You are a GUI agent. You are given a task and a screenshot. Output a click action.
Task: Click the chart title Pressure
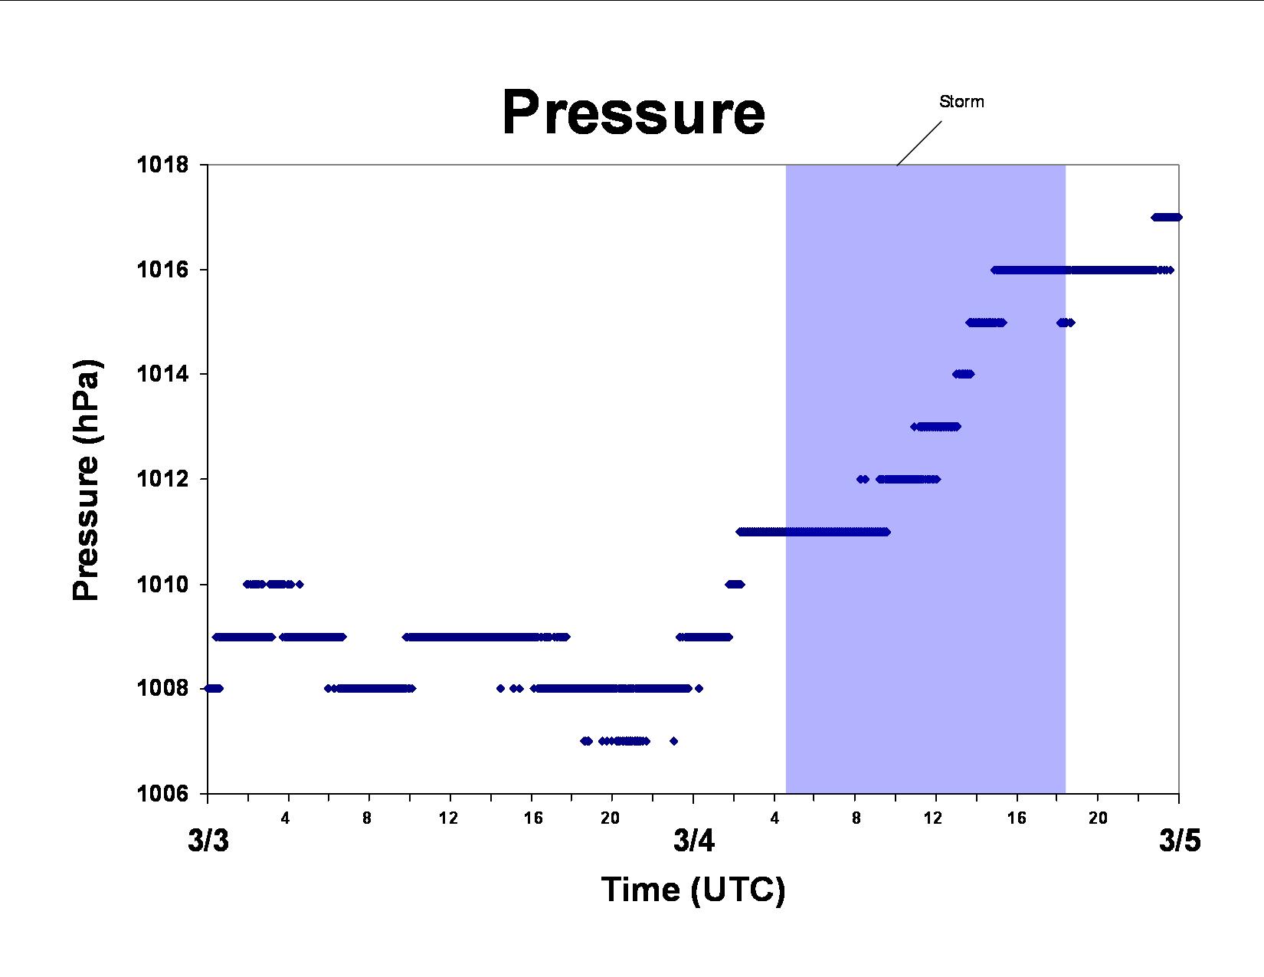click(x=634, y=113)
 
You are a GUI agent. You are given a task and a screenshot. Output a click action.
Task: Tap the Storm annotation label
click(x=961, y=102)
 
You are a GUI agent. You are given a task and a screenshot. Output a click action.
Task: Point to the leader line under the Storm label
click(x=919, y=143)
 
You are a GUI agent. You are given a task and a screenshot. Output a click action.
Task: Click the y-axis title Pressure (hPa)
click(x=87, y=480)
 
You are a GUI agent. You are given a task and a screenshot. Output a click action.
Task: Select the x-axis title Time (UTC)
click(x=693, y=890)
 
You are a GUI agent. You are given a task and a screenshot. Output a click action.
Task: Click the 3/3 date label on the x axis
click(x=208, y=841)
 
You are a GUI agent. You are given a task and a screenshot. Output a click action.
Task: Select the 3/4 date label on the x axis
click(x=693, y=841)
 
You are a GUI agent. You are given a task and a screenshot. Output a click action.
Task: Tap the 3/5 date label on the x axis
click(x=1180, y=841)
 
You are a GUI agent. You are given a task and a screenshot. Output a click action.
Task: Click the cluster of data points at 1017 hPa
click(x=1166, y=218)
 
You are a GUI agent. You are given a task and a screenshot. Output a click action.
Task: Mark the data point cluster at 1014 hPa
click(x=963, y=374)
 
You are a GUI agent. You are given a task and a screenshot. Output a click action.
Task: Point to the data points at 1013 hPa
click(x=935, y=427)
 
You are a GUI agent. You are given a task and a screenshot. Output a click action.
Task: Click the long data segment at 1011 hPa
click(x=813, y=532)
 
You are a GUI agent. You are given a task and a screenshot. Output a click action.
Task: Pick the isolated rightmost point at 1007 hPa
click(x=673, y=741)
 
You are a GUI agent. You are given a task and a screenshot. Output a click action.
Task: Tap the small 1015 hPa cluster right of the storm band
click(x=1066, y=323)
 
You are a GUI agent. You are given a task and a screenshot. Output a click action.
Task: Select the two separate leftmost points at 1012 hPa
click(x=863, y=480)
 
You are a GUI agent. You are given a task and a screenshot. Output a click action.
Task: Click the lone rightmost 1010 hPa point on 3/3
click(x=300, y=584)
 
